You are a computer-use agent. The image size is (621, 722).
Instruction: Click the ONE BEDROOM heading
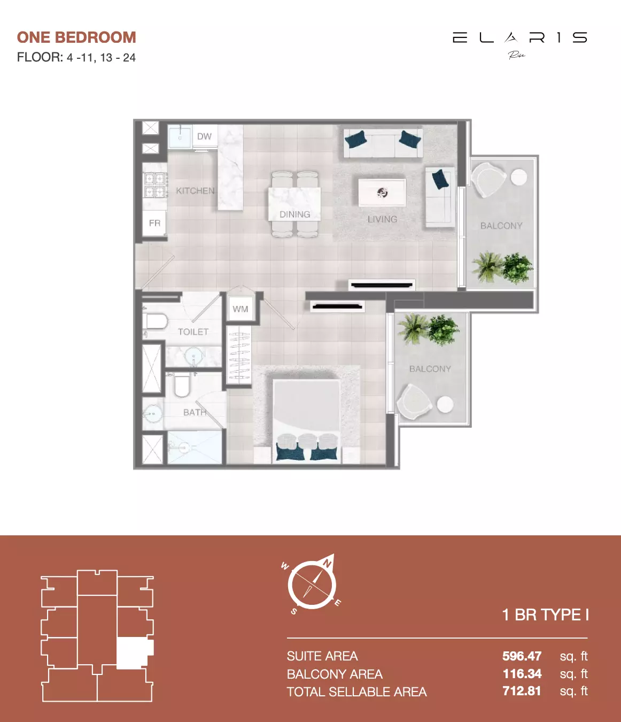coord(76,37)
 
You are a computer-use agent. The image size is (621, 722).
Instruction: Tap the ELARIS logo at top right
coord(519,39)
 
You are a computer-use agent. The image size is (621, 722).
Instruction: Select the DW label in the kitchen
coord(204,136)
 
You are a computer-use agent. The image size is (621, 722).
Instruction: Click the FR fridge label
coord(154,223)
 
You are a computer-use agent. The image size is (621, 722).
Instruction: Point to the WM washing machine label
coord(240,309)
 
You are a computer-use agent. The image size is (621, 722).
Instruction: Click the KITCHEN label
coord(195,191)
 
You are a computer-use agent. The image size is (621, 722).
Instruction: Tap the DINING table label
coord(294,214)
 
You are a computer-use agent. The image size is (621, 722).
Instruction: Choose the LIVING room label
coord(382,219)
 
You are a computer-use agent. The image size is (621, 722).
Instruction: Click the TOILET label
coord(193,332)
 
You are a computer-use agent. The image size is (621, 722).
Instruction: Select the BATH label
coord(195,412)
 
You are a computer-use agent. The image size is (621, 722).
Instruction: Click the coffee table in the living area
coord(382,193)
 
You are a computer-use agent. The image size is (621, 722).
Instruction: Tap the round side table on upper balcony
coord(518,177)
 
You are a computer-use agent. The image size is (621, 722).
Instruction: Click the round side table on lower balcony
coord(445,405)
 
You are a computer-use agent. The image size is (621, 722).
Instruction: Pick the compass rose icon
coord(312,585)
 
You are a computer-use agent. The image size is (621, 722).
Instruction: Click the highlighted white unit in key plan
coord(133,652)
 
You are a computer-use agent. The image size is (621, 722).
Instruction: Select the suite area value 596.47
coord(522,656)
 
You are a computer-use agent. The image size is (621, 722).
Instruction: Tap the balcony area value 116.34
coord(522,674)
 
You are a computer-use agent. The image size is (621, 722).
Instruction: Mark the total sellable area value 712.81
coord(522,691)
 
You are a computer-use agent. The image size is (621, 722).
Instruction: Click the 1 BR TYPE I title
coord(545,615)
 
